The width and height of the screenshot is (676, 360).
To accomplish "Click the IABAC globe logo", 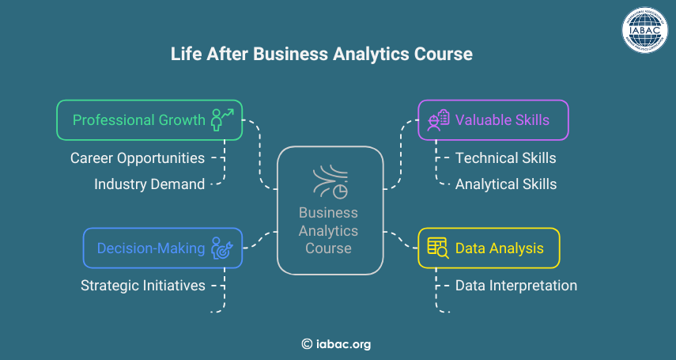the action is [x=644, y=30].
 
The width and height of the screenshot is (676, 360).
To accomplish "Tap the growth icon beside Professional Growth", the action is [x=222, y=119].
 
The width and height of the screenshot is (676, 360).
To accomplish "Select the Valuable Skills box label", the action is [x=502, y=119].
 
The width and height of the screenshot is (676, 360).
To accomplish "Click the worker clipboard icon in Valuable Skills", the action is [x=438, y=120].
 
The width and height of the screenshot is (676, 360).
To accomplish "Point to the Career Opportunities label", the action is [x=138, y=158].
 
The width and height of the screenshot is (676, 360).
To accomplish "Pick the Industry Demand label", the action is [x=149, y=184].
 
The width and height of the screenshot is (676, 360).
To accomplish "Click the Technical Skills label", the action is [x=506, y=158].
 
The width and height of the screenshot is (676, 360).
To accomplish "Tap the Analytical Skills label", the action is [x=506, y=184].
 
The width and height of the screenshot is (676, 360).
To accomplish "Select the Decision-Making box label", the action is [x=151, y=248].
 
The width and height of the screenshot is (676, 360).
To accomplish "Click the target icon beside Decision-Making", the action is [x=222, y=248].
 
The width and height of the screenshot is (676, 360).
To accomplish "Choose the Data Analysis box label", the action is [x=500, y=248].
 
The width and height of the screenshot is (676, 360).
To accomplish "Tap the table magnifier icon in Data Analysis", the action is [x=438, y=248].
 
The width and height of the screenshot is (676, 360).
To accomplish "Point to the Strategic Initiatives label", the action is [x=143, y=286].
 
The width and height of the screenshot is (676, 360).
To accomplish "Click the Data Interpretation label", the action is [x=516, y=286].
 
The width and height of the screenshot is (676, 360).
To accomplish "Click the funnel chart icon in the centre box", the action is [x=330, y=181].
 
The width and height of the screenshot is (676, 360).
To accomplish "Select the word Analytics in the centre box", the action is [x=329, y=231].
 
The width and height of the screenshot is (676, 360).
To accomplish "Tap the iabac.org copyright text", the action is [x=336, y=344].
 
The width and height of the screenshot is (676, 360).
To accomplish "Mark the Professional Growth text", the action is [x=139, y=119].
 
